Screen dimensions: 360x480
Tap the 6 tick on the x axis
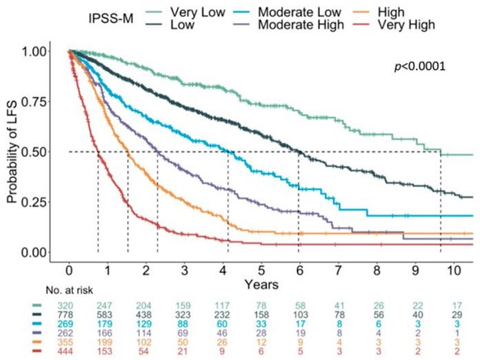299,270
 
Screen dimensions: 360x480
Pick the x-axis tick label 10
453,270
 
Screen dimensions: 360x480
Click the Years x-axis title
261,284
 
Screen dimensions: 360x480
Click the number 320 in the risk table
70,306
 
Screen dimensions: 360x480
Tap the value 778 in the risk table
70,315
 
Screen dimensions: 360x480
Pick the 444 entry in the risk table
70,352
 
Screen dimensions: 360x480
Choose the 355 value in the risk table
70,342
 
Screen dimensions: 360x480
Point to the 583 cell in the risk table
108,315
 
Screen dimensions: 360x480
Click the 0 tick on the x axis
69,270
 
